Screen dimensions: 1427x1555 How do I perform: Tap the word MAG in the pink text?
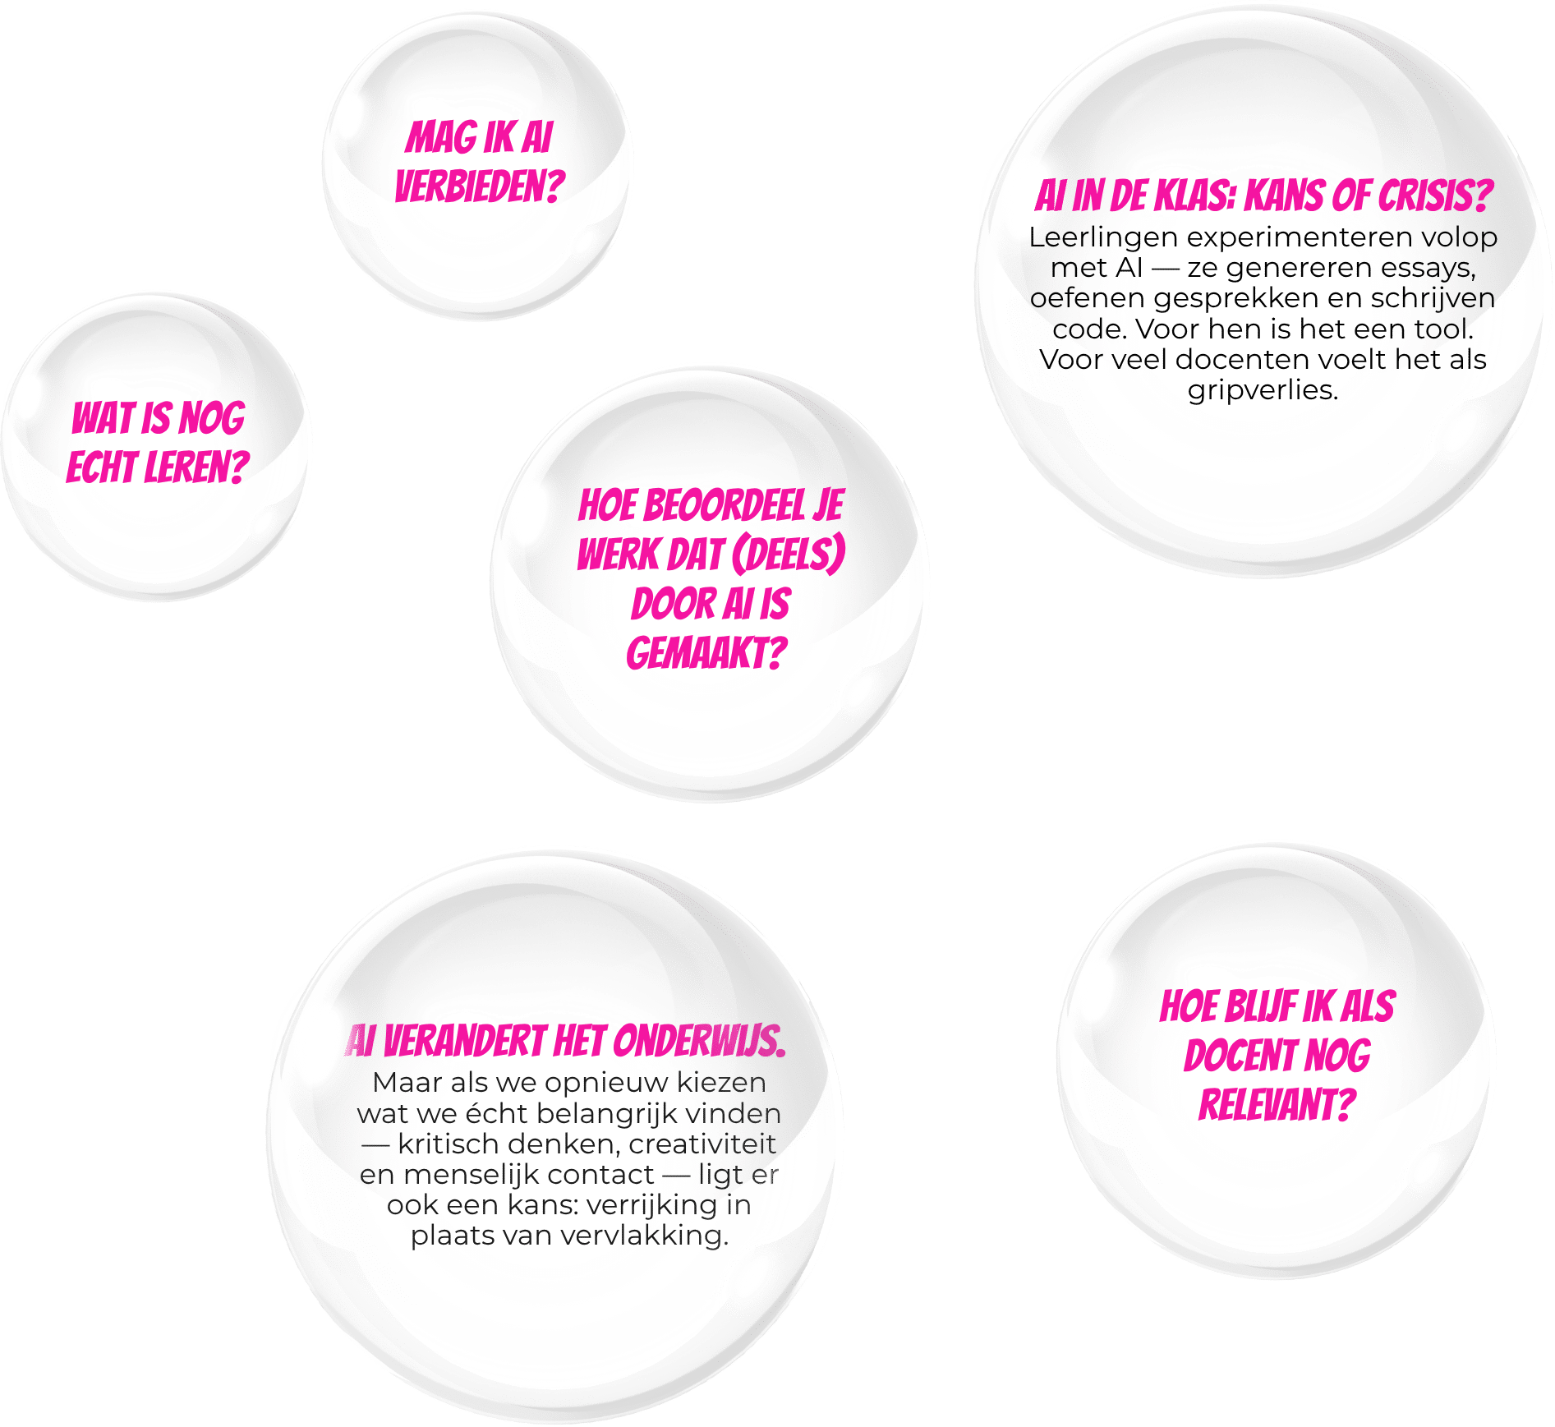click(432, 138)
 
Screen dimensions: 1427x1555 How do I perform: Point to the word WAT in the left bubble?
click(102, 419)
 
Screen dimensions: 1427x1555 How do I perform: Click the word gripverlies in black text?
click(1261, 390)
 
